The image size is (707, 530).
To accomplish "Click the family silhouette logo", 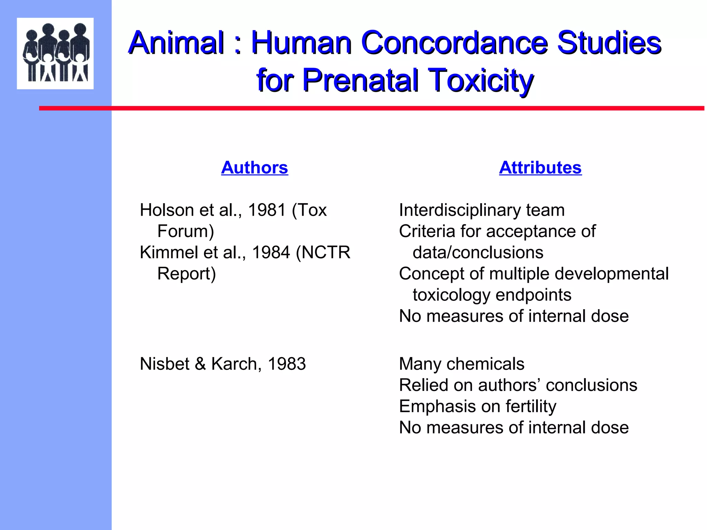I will tap(55, 53).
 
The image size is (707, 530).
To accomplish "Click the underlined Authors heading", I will tap(254, 168).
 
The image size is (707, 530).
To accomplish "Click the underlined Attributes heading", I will tap(540, 168).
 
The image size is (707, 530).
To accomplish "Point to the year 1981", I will tap(267, 210).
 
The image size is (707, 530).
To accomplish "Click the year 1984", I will tap(271, 252).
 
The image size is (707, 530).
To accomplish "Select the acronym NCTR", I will tap(326, 252).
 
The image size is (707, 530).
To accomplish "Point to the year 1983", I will tap(287, 364).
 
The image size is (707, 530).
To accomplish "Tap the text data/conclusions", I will tap(478, 252).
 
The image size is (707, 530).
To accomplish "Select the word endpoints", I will tap(533, 295).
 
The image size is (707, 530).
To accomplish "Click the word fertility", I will tap(531, 406).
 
